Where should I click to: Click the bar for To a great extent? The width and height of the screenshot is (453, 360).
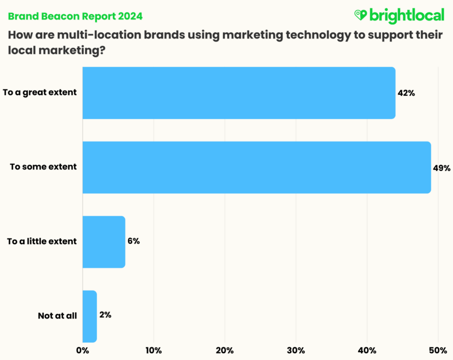coord(239,93)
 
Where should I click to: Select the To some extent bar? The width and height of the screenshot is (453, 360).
coord(257,167)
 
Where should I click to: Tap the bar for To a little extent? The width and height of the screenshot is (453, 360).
coord(104,242)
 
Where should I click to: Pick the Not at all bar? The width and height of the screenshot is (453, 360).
coord(90,316)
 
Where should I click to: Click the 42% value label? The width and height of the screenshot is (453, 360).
coord(407,93)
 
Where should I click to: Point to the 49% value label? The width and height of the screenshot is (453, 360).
coord(442,168)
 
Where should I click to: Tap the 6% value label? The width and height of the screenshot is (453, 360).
coord(133,242)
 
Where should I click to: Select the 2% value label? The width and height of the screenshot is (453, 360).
coord(105,315)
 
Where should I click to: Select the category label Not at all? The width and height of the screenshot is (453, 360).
coord(57,316)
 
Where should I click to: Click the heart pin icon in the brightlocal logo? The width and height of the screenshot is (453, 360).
coord(360,15)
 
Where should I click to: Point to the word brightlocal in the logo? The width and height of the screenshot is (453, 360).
coord(407,16)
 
